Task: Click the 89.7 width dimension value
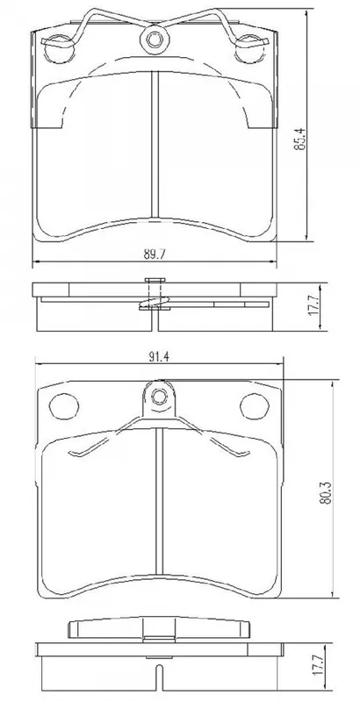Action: click(x=155, y=254)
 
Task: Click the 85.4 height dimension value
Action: click(x=299, y=139)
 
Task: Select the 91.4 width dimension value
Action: click(x=160, y=357)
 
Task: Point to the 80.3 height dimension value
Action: click(x=325, y=493)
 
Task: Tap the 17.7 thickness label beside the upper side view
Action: click(x=313, y=307)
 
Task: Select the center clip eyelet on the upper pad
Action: click(x=154, y=39)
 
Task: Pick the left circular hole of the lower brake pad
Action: click(x=64, y=407)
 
